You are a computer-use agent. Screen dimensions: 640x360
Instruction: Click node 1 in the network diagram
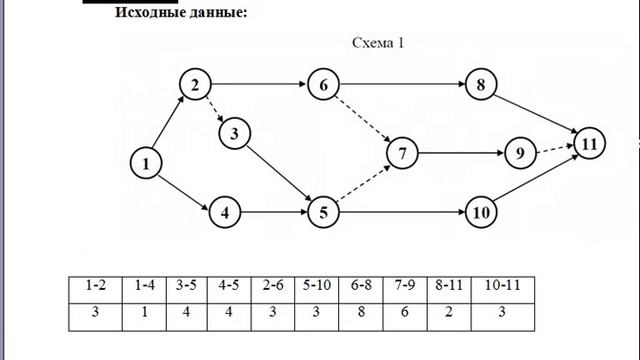coord(146,163)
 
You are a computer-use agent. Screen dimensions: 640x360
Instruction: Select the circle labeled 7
coord(402,153)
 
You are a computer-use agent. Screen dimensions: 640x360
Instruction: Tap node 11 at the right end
coord(589,144)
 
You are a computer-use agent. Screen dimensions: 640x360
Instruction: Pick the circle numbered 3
coord(234,133)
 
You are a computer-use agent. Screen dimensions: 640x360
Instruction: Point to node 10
coord(481,212)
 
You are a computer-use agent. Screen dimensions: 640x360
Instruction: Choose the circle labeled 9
coord(520,153)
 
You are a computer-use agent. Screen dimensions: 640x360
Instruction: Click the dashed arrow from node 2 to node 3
coord(215,109)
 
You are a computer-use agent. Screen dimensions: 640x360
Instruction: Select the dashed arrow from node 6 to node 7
coord(363,119)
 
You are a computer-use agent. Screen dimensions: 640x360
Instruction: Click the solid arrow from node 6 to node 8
coord(402,84)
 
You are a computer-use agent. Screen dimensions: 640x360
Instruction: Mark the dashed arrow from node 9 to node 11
coord(555,149)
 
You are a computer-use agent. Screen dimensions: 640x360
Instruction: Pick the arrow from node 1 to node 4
coord(183,193)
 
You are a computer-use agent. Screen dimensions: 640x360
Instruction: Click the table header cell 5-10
coord(317,285)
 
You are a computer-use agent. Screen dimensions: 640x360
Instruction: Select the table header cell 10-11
coord(502,285)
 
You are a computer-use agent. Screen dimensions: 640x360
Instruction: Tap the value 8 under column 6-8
coord(361,312)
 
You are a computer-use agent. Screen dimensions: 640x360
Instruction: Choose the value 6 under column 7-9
coord(404,312)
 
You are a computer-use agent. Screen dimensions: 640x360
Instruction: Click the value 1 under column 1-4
coord(144,312)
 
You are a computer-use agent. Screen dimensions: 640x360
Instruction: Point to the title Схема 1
coord(378,43)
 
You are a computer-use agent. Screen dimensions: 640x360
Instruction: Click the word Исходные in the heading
coord(149,12)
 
